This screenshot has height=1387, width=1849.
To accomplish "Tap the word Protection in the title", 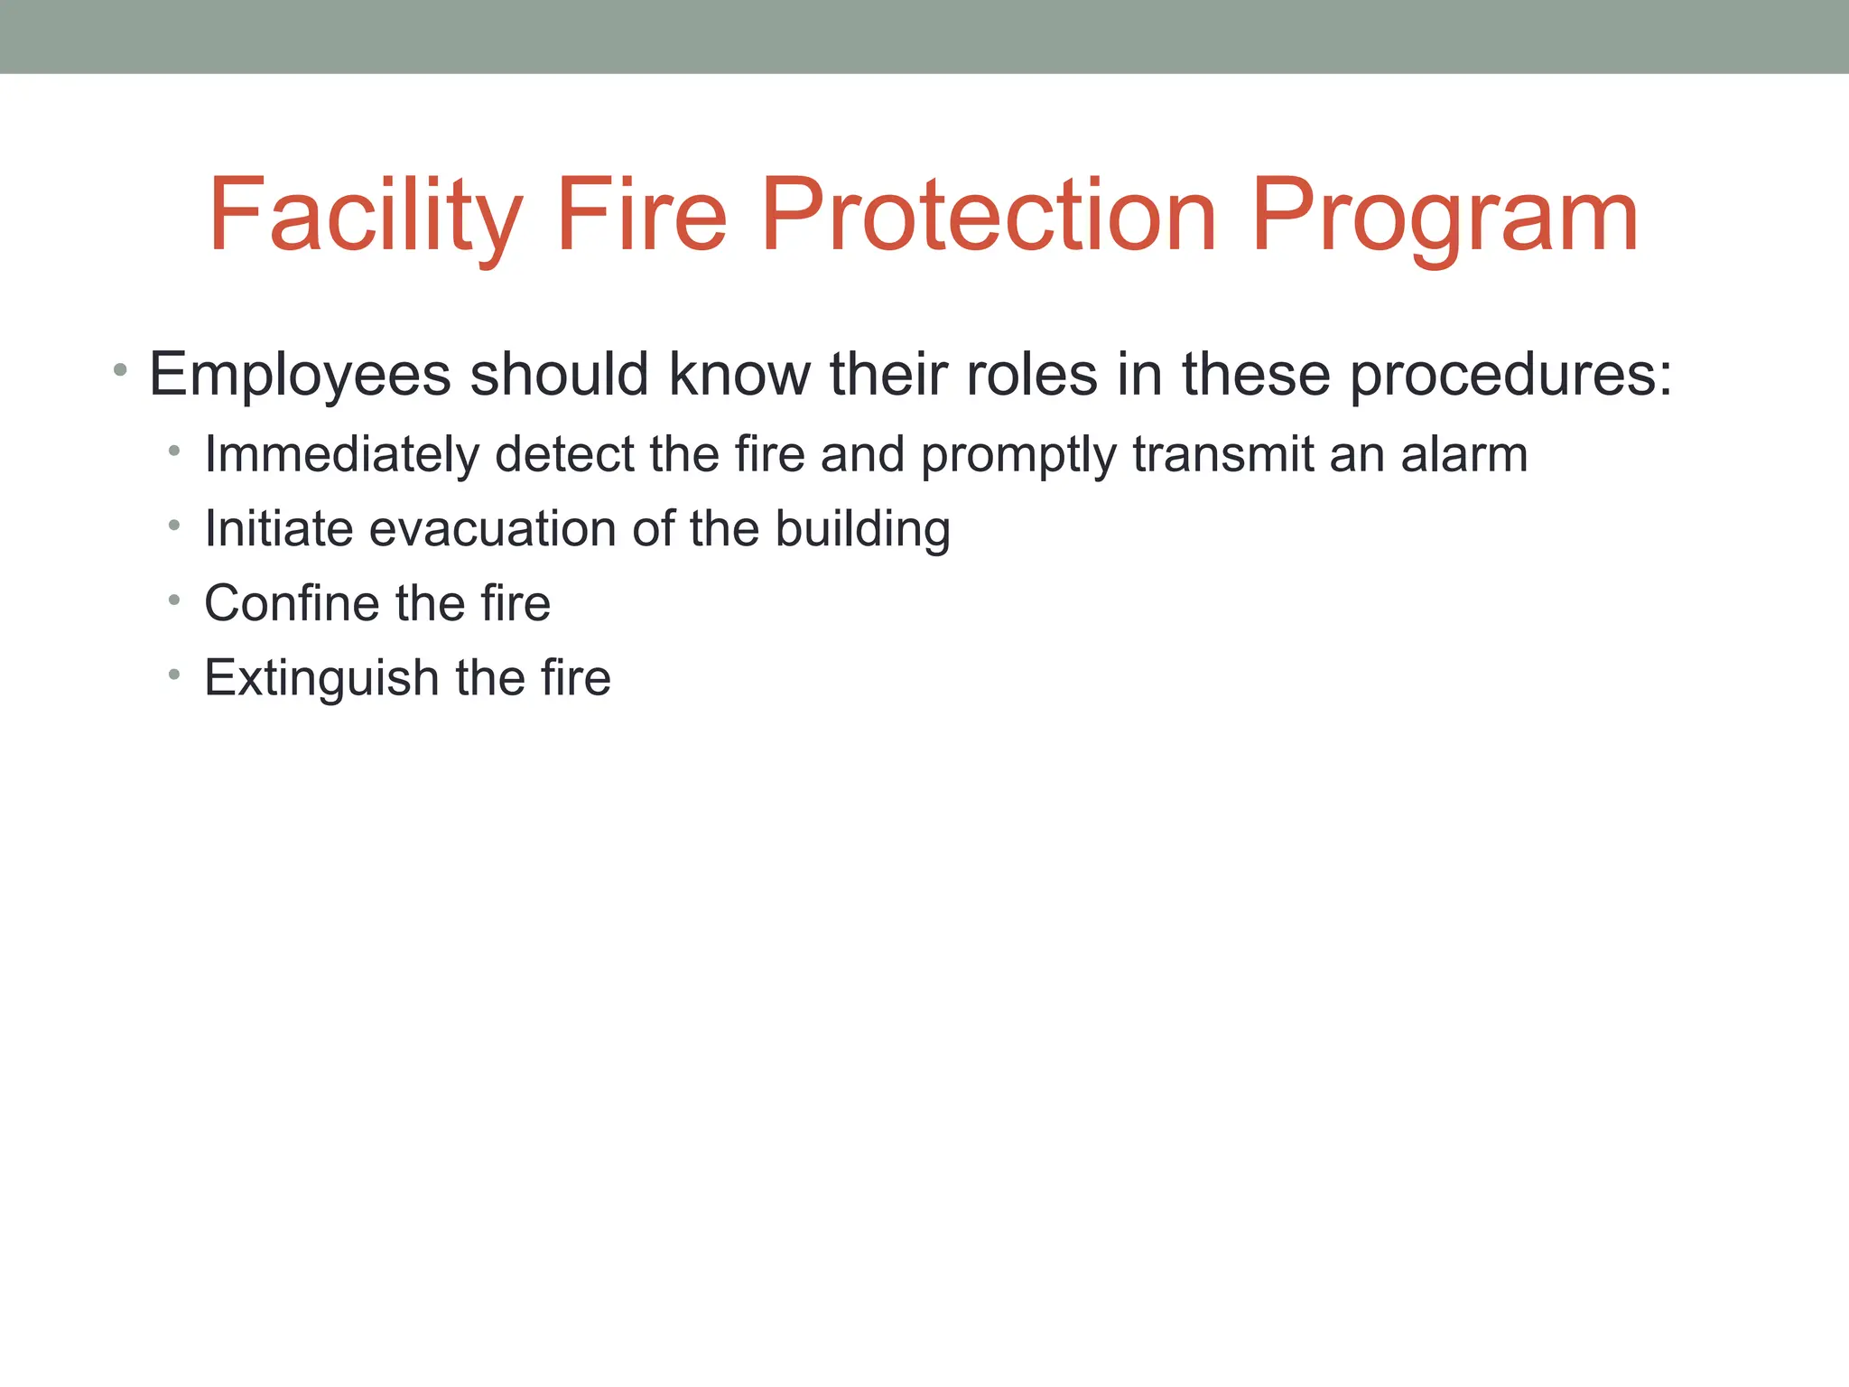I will click(990, 217).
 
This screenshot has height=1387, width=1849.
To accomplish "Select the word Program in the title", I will click(1445, 217).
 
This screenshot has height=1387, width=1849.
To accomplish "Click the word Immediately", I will click(342, 454).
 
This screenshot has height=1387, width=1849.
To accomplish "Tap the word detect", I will click(564, 454).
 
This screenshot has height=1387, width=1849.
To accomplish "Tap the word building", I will click(862, 530).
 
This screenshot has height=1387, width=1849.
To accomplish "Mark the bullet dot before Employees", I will click(120, 369).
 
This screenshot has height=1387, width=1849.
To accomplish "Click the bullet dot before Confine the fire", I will click(174, 599).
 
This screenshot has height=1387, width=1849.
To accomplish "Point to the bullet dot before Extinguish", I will click(174, 674).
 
